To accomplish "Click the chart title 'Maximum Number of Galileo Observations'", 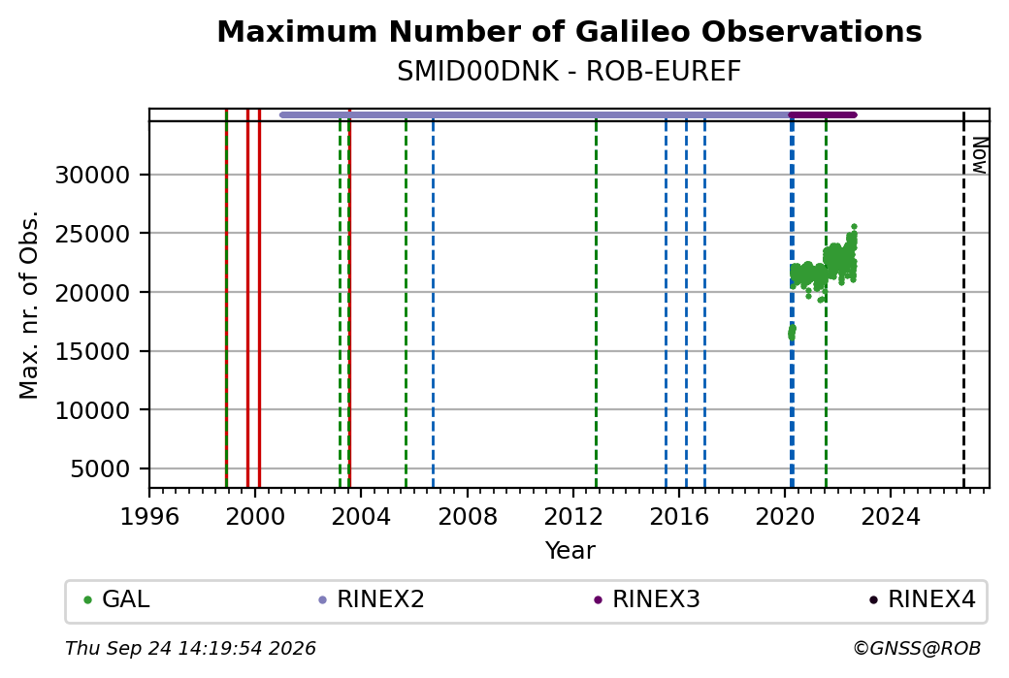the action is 569,31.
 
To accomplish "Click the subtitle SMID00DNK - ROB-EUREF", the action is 569,72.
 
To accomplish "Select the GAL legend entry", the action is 116,599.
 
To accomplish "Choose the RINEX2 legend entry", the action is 372,599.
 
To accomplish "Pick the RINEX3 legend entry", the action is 647,599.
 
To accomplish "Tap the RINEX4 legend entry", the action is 922,599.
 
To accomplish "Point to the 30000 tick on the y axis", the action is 93,175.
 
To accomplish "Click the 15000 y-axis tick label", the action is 93,352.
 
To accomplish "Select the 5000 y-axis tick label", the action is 100,469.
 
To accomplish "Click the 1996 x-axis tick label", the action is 149,517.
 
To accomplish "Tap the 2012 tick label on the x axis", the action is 572,517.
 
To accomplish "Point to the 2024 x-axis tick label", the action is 891,517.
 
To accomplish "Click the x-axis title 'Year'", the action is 570,551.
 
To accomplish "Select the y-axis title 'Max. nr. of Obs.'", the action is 29,305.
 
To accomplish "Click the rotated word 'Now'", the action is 979,155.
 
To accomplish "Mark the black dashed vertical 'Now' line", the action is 963,299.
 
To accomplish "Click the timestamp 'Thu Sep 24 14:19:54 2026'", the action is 190,648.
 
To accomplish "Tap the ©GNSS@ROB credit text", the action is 917,648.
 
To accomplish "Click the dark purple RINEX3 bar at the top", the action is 823,115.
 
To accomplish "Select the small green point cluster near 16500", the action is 792,333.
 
